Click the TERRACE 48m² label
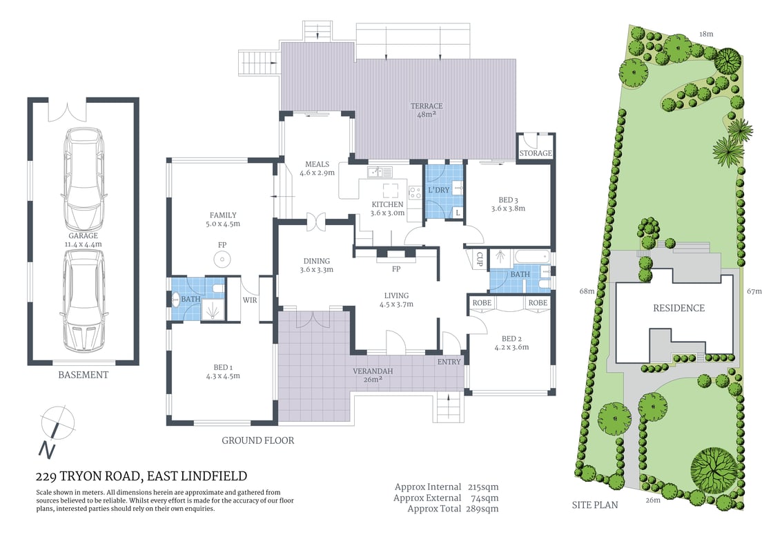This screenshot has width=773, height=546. pyautogui.click(x=427, y=110)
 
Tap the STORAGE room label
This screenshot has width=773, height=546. pyautogui.click(x=536, y=153)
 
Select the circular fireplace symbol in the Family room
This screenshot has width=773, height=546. pyautogui.click(x=222, y=260)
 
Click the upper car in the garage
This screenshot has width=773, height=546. pyautogui.click(x=84, y=181)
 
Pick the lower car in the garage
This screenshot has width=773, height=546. pyautogui.click(x=84, y=300)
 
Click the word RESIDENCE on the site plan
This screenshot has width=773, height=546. pyautogui.click(x=679, y=308)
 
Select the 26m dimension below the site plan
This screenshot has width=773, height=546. pyautogui.click(x=653, y=500)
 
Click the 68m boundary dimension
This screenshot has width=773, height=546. pyautogui.click(x=587, y=291)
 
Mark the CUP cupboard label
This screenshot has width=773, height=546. pyautogui.click(x=479, y=260)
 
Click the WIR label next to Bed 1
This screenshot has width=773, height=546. pyautogui.click(x=249, y=300)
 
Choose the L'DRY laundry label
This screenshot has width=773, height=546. pyautogui.click(x=439, y=189)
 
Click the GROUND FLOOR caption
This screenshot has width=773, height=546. pyautogui.click(x=258, y=440)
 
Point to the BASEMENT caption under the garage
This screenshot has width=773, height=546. pyautogui.click(x=83, y=375)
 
